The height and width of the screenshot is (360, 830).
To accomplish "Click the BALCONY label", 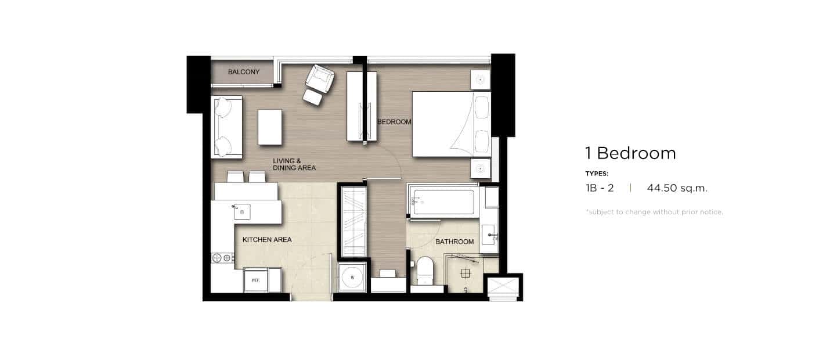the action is pyautogui.click(x=243, y=72).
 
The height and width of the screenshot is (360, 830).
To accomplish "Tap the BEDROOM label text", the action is pyautogui.click(x=394, y=121).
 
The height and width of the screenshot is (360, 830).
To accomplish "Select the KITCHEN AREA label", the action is pyautogui.click(x=267, y=240).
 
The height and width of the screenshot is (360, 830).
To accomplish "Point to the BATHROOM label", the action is pyautogui.click(x=454, y=242).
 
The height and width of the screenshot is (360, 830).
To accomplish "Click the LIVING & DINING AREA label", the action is pyautogui.click(x=294, y=164).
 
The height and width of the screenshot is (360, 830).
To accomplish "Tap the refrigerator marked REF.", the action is pyautogui.click(x=255, y=280).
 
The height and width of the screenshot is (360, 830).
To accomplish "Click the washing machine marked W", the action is pyautogui.click(x=352, y=278).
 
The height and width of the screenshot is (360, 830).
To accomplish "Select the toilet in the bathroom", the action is pyautogui.click(x=425, y=271).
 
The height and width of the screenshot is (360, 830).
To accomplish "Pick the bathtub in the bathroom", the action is pyautogui.click(x=443, y=201).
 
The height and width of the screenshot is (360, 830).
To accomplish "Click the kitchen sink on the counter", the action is pyautogui.click(x=242, y=212).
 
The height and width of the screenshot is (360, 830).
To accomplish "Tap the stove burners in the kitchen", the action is pyautogui.click(x=222, y=258).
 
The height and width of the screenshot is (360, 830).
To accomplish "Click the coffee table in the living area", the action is pyautogui.click(x=270, y=127).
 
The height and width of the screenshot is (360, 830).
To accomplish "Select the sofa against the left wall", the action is pyautogui.click(x=227, y=127).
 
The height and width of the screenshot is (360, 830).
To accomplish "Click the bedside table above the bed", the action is pyautogui.click(x=480, y=80).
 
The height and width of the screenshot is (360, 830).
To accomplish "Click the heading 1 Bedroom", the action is pyautogui.click(x=631, y=153).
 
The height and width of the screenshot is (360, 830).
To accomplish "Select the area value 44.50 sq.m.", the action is pyautogui.click(x=677, y=188).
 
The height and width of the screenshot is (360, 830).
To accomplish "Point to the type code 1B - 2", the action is pyautogui.click(x=600, y=188).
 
